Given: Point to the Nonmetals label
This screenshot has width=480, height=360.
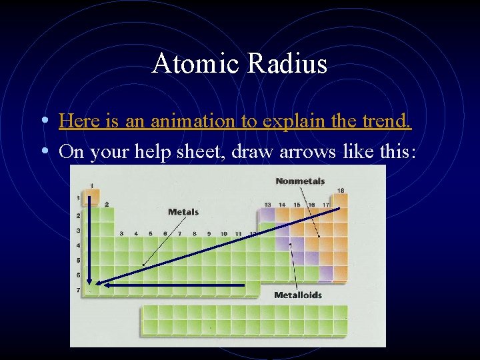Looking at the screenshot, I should click(300, 181).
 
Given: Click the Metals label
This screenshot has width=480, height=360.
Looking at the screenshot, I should click(183, 212).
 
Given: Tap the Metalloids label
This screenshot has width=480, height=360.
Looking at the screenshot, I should click(298, 295).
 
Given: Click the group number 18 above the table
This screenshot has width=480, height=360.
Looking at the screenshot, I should click(341, 191).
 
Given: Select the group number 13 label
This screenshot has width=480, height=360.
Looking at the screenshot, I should click(267, 204).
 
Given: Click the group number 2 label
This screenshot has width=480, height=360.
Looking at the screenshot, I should click(107, 204).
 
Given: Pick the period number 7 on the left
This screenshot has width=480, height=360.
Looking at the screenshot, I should click(78, 290).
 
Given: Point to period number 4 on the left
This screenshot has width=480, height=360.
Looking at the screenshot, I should click(78, 245).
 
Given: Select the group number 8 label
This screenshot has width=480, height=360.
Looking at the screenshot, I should click(194, 234).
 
